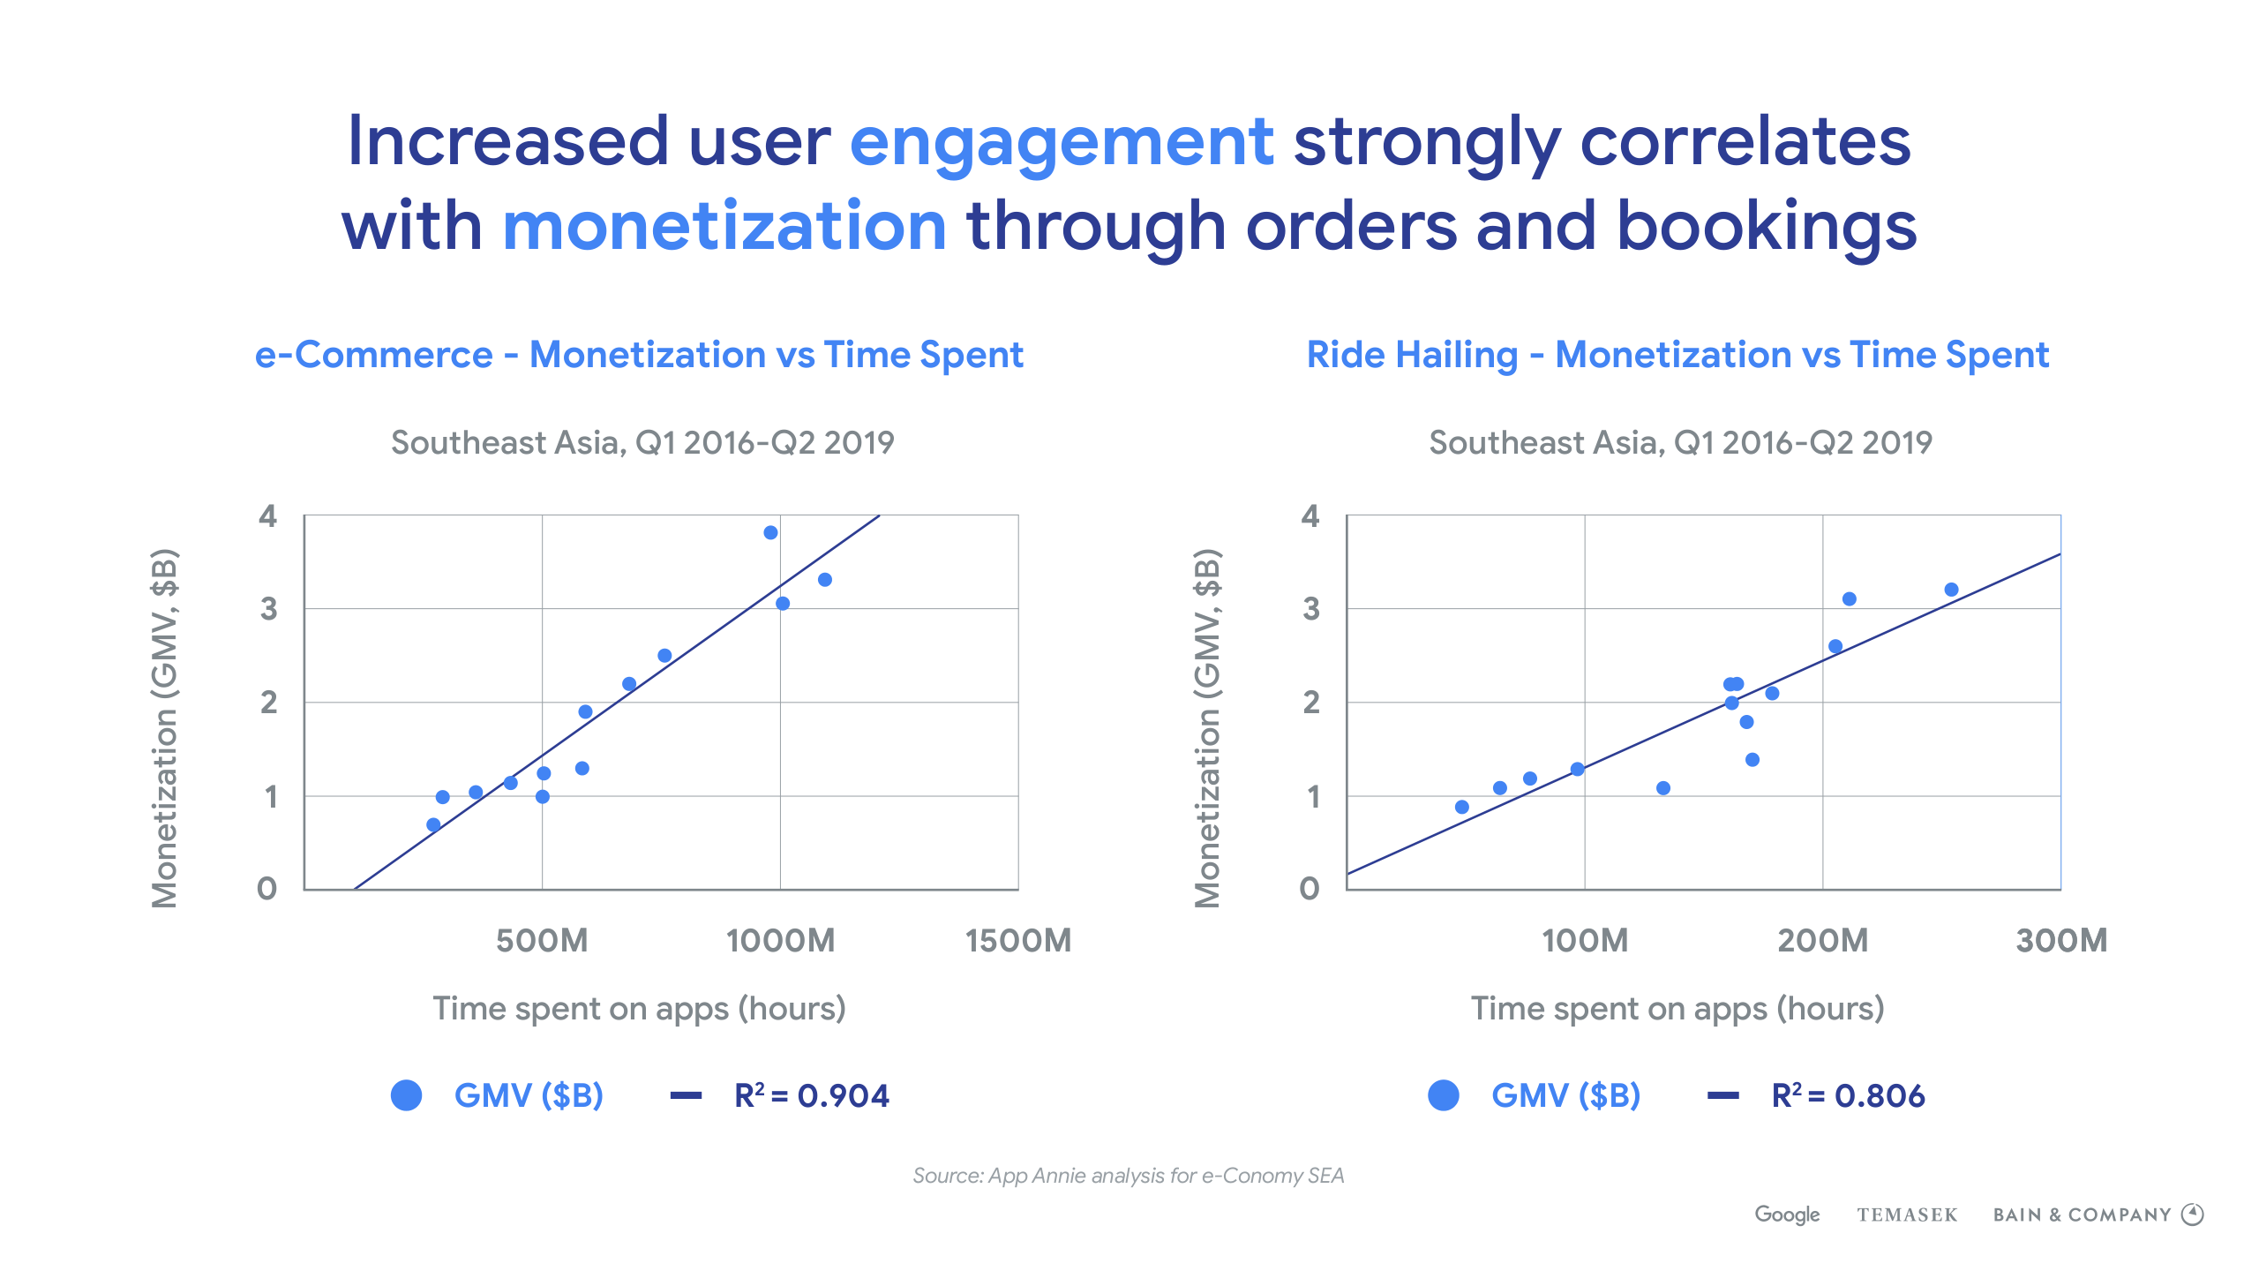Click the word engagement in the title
(1061, 143)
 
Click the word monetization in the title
(724, 227)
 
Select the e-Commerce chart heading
(639, 355)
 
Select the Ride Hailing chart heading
(1677, 355)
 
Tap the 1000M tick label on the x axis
(780, 941)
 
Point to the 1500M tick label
(1018, 941)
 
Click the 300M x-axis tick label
(2061, 941)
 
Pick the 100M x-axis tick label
(1585, 941)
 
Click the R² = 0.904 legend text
(811, 1096)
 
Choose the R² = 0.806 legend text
(1848, 1096)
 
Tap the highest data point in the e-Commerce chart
(770, 533)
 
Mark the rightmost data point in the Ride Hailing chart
(1951, 590)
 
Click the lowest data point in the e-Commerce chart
(433, 825)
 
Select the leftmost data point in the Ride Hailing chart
(1462, 807)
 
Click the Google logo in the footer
(1787, 1215)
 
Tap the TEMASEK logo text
(1907, 1215)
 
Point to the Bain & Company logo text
(2083, 1215)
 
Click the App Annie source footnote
(1128, 1176)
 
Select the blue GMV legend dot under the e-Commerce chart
(407, 1095)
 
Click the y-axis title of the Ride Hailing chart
(1208, 728)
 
